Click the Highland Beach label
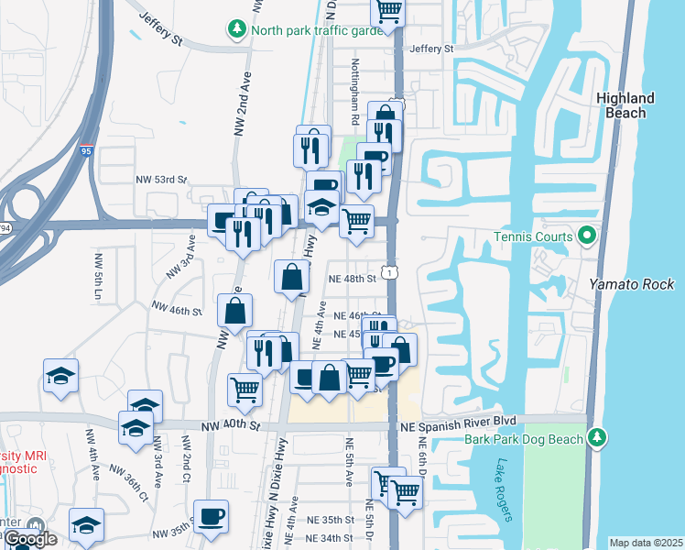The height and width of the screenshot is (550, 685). (x=625, y=105)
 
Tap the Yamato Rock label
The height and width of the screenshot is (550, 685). (x=632, y=284)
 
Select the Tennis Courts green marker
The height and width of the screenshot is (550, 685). (x=588, y=237)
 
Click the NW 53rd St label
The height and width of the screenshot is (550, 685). (x=161, y=180)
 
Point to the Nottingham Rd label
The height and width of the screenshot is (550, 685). (x=353, y=93)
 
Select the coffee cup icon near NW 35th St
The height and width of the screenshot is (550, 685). (x=212, y=515)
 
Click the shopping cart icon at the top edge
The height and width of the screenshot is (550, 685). (x=388, y=10)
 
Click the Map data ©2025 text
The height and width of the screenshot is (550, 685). (x=646, y=543)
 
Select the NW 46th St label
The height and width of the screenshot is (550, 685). (x=177, y=310)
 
